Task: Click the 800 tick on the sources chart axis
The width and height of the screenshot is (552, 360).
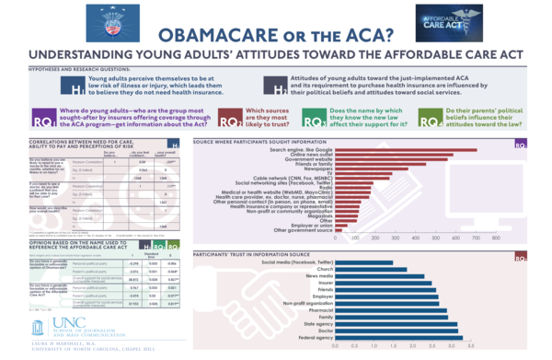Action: click(x=508, y=242)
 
